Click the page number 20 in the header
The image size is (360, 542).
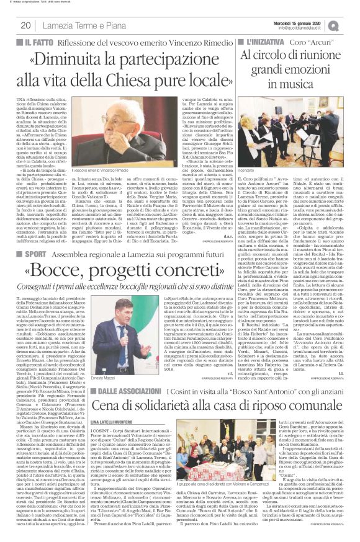point(25,25)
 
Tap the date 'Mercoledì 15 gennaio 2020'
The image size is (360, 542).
point(308,22)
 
